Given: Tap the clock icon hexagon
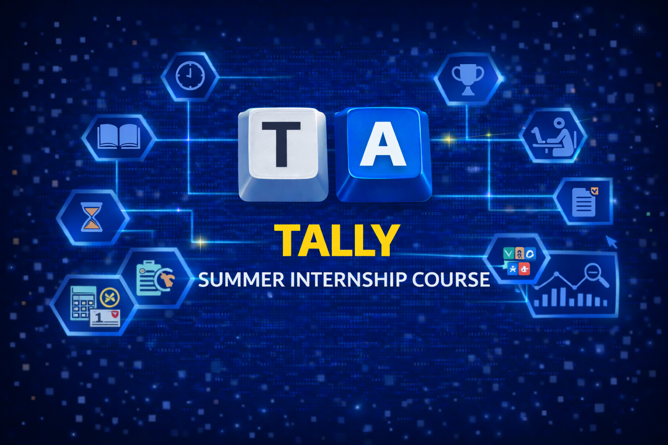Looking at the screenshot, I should point(190,76).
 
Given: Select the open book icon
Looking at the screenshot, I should point(118,136).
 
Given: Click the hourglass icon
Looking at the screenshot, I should point(92,217).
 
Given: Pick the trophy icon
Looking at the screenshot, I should point(468,78).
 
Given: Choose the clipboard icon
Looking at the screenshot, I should point(148,278).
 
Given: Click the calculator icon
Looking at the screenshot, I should point(83,302).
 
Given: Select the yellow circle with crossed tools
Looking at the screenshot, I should point(109,298).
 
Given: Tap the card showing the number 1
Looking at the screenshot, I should point(105,318).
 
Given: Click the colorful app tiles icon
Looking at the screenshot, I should point(518,261).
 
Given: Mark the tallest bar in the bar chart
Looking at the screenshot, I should point(563,297).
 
